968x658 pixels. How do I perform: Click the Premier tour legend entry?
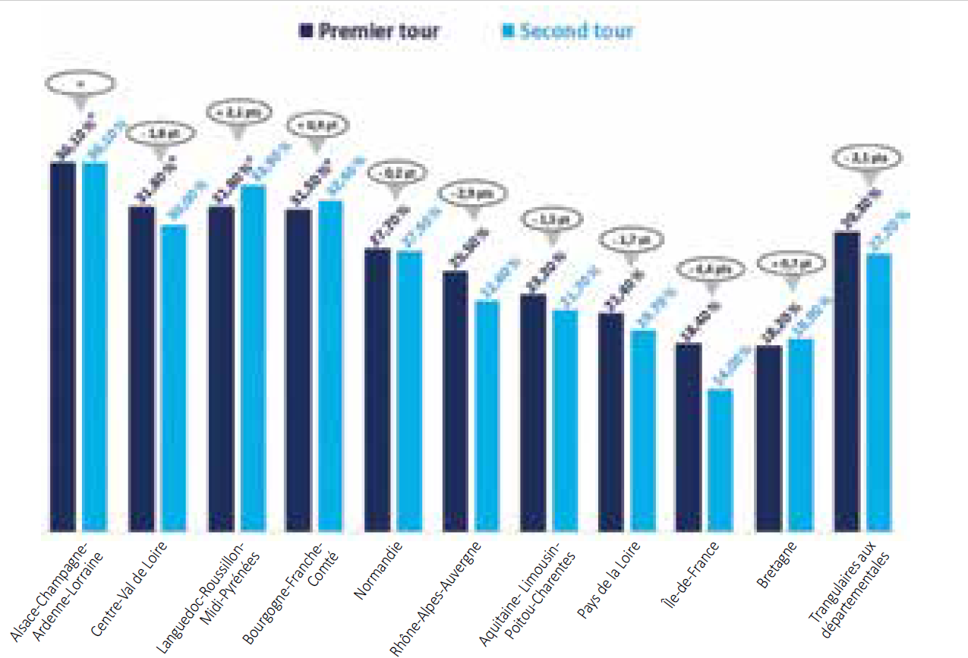(x=369, y=32)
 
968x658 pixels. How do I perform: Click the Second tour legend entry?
(x=568, y=32)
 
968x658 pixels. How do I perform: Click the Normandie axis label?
(x=378, y=569)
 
